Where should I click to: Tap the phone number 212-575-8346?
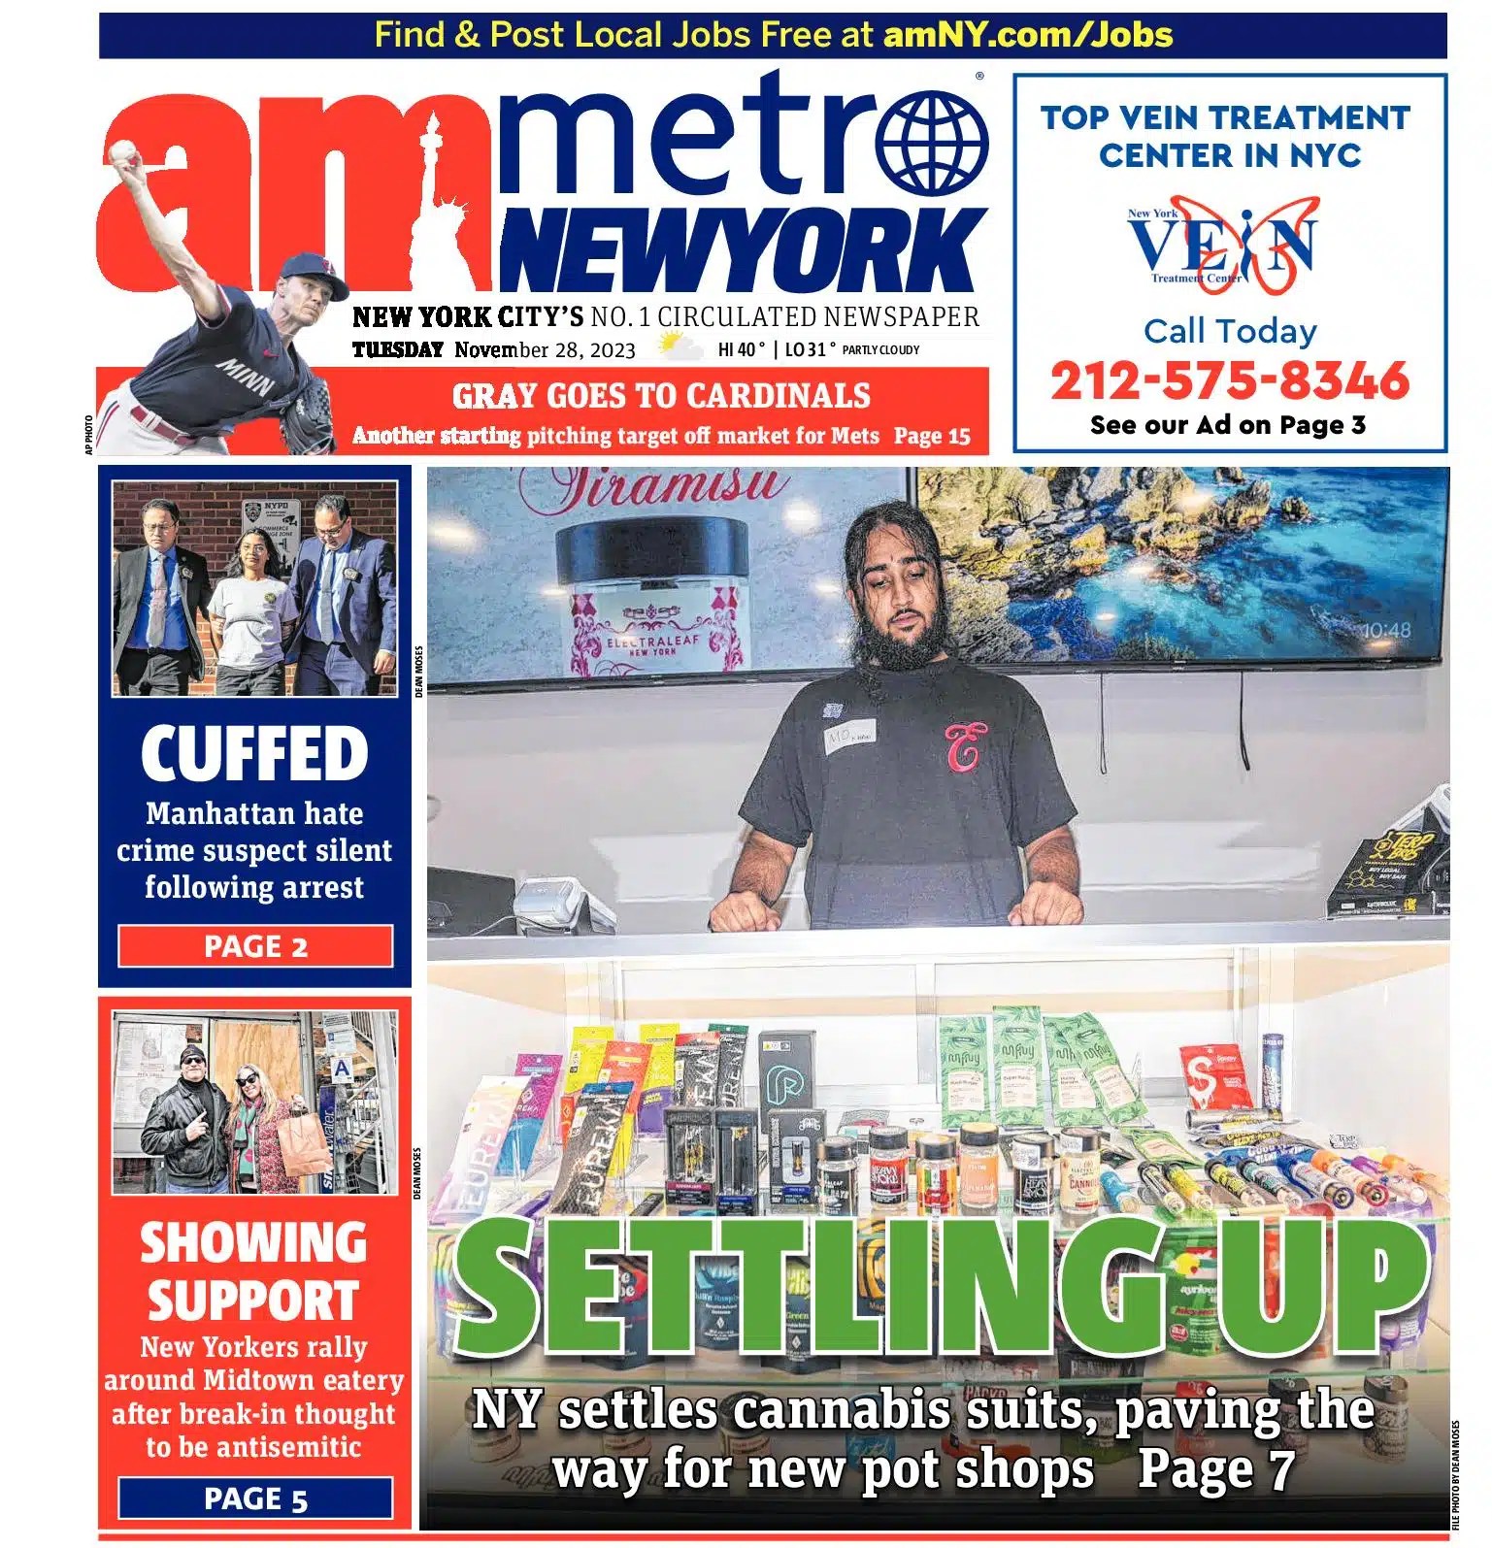coord(1229,380)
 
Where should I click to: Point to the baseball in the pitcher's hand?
coord(124,151)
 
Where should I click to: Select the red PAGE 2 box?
coord(255,946)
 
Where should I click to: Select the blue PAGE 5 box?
coord(255,1499)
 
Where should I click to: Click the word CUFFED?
coord(254,754)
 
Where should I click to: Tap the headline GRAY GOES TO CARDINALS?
coord(661,396)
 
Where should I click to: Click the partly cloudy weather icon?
coord(679,346)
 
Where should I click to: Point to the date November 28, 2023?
coord(545,350)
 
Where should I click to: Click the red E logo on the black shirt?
coord(963,745)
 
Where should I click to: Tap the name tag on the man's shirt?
coord(850,737)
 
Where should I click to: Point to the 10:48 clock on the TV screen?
coord(1385,630)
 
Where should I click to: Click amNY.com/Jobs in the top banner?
coord(1027,35)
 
